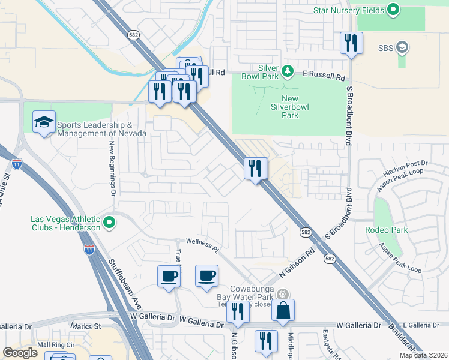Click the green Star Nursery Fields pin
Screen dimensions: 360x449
[x=393, y=10]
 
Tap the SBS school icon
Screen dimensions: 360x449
[x=402, y=47]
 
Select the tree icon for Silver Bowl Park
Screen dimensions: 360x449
[x=288, y=71]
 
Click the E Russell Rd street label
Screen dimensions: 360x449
[x=324, y=77]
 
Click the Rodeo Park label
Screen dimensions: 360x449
[x=387, y=230]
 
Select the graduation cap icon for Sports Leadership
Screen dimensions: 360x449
[x=44, y=122]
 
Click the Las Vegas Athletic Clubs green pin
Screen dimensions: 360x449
[x=109, y=223]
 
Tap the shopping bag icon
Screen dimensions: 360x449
[x=283, y=311]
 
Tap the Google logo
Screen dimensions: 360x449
[x=20, y=353]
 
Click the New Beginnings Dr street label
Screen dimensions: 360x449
[x=112, y=168]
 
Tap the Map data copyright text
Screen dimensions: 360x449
[x=423, y=355]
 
